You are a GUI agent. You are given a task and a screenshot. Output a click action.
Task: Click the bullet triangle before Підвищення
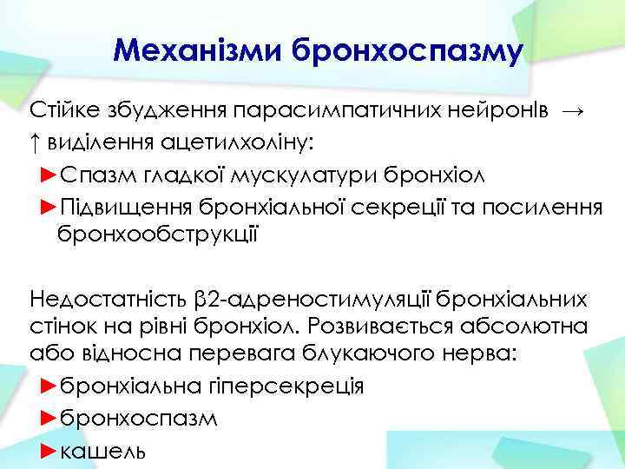click(x=49, y=205)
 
